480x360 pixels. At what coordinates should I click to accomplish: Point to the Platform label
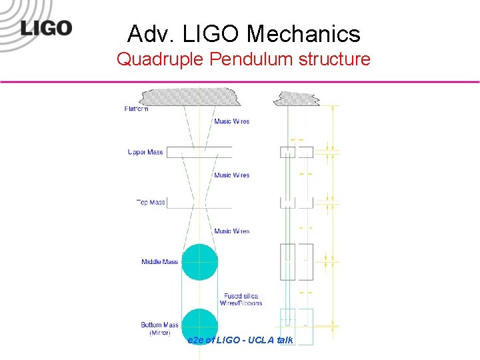136,109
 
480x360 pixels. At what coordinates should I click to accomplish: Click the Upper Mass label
145,152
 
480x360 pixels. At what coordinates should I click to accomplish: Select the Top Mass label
150,202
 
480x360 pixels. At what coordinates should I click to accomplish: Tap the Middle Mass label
159,262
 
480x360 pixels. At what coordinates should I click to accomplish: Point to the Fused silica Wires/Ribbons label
243,299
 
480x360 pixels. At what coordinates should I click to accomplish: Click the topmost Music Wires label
231,121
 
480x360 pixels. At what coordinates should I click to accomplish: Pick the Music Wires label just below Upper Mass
231,175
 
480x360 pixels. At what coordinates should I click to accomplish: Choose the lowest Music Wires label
231,231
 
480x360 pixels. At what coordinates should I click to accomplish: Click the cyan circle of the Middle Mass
199,261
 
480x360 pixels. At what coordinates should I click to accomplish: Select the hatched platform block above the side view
297,98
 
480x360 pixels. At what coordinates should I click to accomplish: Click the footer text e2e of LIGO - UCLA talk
241,340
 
